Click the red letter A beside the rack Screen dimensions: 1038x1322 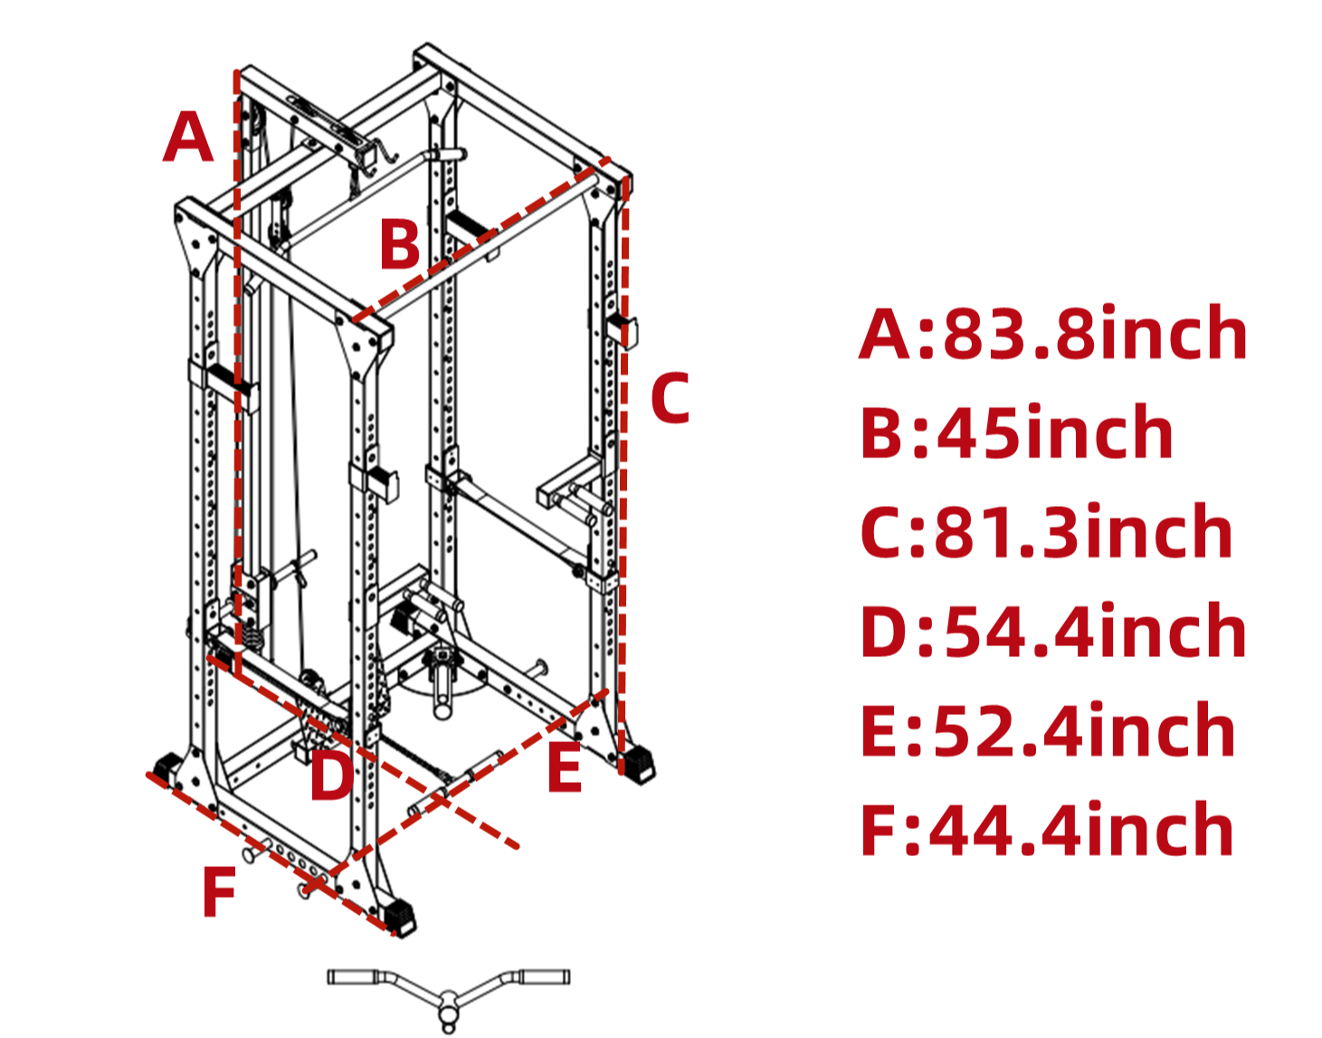(x=188, y=138)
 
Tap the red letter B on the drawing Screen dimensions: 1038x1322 (x=399, y=245)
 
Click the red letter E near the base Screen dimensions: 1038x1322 (x=565, y=768)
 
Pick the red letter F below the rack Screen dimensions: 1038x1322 (x=220, y=892)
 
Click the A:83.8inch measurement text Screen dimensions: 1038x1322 (x=1053, y=334)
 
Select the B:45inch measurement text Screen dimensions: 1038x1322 (x=1016, y=433)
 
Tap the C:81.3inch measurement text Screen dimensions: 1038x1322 (x=1046, y=532)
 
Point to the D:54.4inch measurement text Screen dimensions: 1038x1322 (x=1053, y=632)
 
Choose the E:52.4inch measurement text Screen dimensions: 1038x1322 (x=1048, y=731)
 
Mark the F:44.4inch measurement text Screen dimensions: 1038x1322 (x=1047, y=830)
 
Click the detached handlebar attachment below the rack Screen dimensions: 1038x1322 (x=449, y=990)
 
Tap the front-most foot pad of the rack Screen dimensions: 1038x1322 (x=399, y=916)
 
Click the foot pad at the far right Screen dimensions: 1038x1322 (x=639, y=763)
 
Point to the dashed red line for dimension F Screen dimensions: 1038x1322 (x=271, y=855)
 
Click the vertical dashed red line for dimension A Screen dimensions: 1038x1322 (x=237, y=362)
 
